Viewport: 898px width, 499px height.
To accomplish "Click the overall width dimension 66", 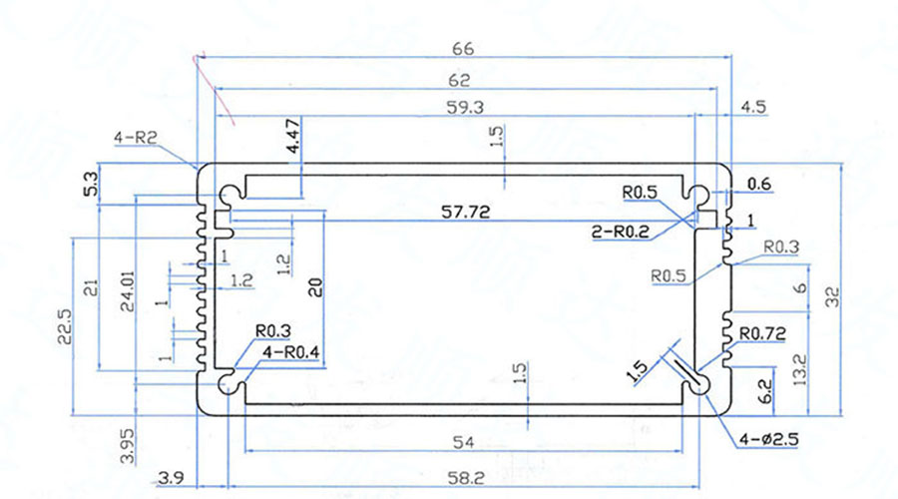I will pos(461,48).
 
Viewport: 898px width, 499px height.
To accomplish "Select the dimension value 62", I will pos(459,80).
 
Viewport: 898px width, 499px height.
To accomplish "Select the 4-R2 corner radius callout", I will pos(136,140).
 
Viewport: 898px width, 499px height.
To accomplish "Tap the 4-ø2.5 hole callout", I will pos(768,439).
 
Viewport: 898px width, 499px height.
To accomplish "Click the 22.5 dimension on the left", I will pos(62,326).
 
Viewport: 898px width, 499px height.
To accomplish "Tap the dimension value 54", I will pos(462,442).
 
